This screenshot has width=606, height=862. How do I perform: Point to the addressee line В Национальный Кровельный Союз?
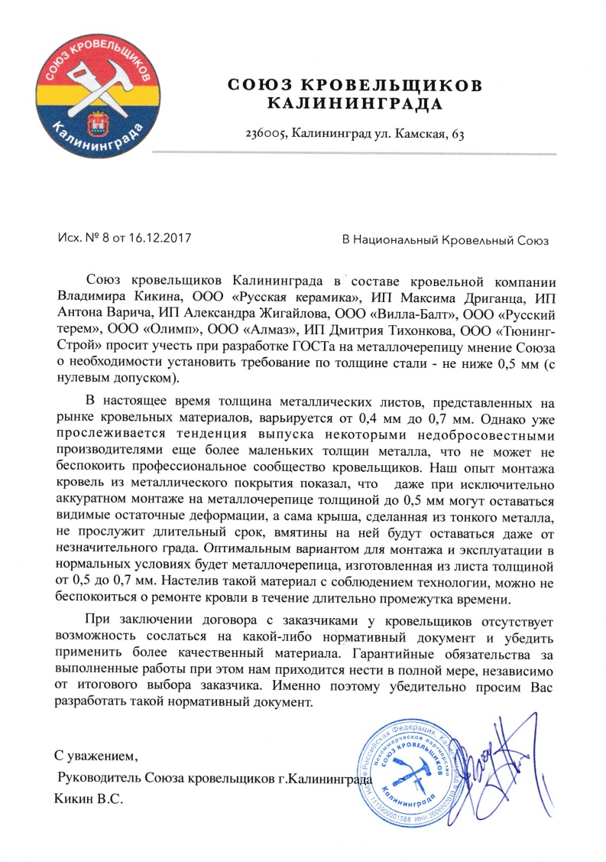click(x=446, y=239)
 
